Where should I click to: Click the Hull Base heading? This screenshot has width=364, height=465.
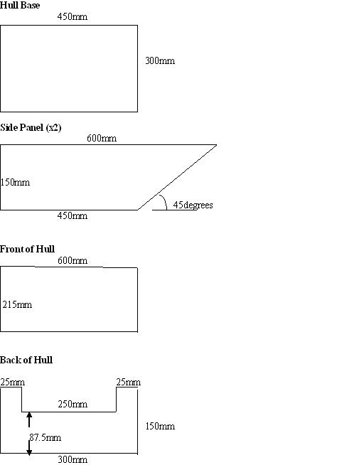[x=20, y=6]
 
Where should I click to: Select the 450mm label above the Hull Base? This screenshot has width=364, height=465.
[x=73, y=16]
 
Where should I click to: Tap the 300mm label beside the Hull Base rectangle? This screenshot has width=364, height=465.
[x=160, y=61]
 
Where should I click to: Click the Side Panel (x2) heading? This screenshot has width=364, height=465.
[x=31, y=127]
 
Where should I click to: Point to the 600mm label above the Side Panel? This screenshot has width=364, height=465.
[x=102, y=138]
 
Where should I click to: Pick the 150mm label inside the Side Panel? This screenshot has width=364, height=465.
[x=15, y=182]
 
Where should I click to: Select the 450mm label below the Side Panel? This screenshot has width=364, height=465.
[x=73, y=215]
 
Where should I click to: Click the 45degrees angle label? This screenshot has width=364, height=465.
[x=193, y=205]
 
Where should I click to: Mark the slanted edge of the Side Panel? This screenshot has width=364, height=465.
[x=177, y=177]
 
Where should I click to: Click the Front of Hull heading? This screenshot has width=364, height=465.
[x=27, y=249]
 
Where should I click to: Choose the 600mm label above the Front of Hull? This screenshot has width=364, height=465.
[x=73, y=261]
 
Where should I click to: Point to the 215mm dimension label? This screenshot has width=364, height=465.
[x=17, y=304]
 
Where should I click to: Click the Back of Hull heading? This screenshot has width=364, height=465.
[x=26, y=360]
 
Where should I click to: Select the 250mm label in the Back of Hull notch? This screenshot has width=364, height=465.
[x=73, y=404]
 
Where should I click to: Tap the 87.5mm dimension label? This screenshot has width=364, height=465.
[x=45, y=438]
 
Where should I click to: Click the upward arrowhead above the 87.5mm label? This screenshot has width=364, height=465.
[x=29, y=415]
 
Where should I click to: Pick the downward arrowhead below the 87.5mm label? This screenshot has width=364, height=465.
[x=29, y=452]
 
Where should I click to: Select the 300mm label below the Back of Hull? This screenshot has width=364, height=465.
[x=73, y=459]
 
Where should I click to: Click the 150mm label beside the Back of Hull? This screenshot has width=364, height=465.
[x=160, y=427]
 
